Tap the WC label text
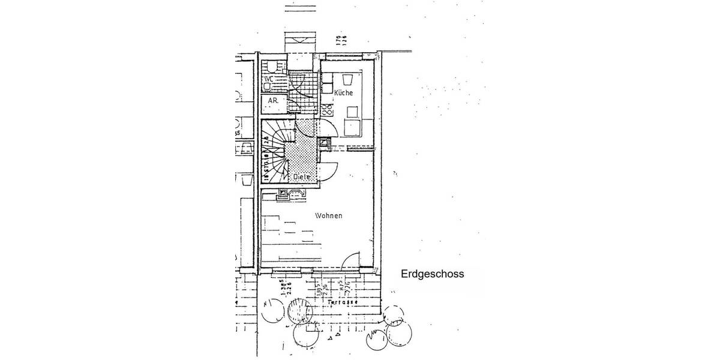268,79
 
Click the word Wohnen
328,215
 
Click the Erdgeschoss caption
432,274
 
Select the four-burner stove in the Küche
328,109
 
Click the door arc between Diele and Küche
326,127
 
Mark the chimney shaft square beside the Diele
325,143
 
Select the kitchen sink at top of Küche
347,80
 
